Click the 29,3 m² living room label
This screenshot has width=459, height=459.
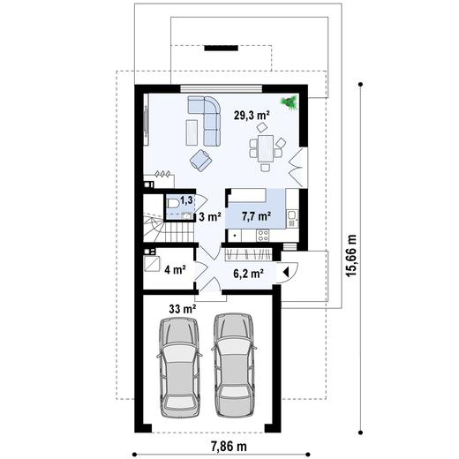pyautogui.click(x=252, y=115)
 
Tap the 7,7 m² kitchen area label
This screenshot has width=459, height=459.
pyautogui.click(x=256, y=216)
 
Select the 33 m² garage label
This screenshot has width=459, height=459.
pyautogui.click(x=183, y=309)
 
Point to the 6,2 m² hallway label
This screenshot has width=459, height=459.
pyautogui.click(x=248, y=274)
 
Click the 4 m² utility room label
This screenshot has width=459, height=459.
pyautogui.click(x=175, y=269)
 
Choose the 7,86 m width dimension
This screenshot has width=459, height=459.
pyautogui.click(x=229, y=447)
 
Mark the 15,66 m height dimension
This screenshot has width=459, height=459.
pyautogui.click(x=351, y=255)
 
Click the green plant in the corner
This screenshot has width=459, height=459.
pyautogui.click(x=290, y=102)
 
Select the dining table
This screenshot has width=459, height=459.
pyautogui.click(x=266, y=148)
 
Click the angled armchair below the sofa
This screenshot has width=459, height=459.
pyautogui.click(x=201, y=161)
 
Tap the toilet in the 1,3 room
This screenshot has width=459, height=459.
pyautogui.click(x=173, y=203)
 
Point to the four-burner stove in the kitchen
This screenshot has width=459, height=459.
pyautogui.click(x=263, y=236)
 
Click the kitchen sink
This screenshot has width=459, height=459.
pyautogui.click(x=291, y=218)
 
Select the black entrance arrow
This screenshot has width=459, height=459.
pyautogui.click(x=285, y=273)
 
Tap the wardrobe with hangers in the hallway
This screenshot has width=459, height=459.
pyautogui.click(x=249, y=254)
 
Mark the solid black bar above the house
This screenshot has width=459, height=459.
pyautogui.click(x=222, y=48)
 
